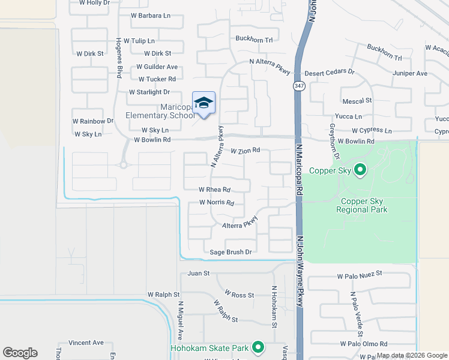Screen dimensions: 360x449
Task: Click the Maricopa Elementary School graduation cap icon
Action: pyautogui.click(x=203, y=103)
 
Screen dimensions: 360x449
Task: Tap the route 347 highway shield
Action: pyautogui.click(x=298, y=86)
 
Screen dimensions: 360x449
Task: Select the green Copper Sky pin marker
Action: pyautogui.click(x=360, y=170)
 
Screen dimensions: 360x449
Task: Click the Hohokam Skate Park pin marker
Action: pyautogui.click(x=258, y=347)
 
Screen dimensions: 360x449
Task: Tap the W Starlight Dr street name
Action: pyautogui.click(x=149, y=92)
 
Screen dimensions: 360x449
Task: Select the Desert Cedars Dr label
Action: pyautogui.click(x=330, y=72)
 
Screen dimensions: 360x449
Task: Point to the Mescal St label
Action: pyautogui.click(x=357, y=101)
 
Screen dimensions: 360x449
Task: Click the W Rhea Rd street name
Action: pyautogui.click(x=214, y=189)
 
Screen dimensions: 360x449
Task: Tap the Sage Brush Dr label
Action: pyautogui.click(x=231, y=252)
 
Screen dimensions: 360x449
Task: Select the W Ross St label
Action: pyautogui.click(x=240, y=295)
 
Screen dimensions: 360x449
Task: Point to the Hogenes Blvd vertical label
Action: pyautogui.click(x=119, y=59)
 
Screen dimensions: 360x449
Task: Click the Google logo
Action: pyautogui.click(x=20, y=353)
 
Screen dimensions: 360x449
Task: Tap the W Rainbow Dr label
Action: pyautogui.click(x=93, y=121)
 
